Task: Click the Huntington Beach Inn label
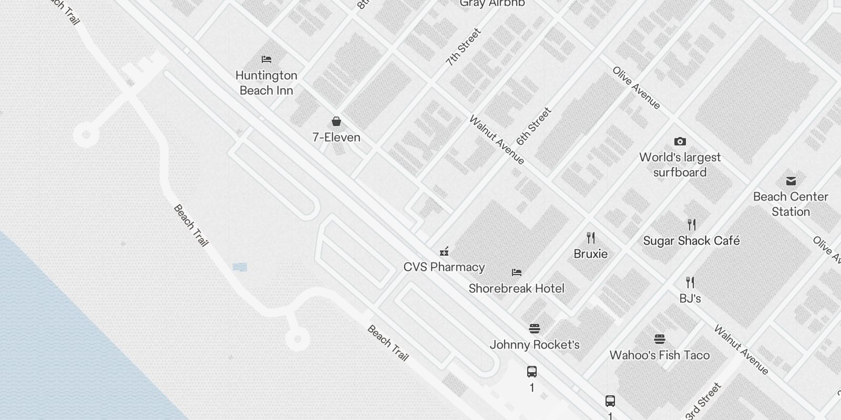click(x=266, y=83)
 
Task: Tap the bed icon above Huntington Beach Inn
click(x=266, y=59)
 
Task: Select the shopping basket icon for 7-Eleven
click(x=336, y=122)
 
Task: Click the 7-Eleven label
click(x=336, y=138)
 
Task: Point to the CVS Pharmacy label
click(x=444, y=267)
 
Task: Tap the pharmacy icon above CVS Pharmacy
click(x=444, y=251)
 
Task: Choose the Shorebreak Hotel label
click(x=516, y=288)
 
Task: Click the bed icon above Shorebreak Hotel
click(x=517, y=272)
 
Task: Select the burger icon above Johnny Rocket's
click(x=535, y=329)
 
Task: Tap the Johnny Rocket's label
click(x=535, y=345)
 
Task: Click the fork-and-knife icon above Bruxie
click(x=591, y=238)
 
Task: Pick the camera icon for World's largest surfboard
click(x=680, y=141)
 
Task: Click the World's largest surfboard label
click(x=680, y=165)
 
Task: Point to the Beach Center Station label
click(x=791, y=204)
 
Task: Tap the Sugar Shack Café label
click(x=691, y=241)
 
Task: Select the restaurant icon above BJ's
click(x=690, y=282)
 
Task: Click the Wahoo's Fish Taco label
click(x=659, y=355)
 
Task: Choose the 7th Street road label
click(x=463, y=47)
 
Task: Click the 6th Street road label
click(x=534, y=126)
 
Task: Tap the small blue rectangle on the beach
click(x=240, y=267)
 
